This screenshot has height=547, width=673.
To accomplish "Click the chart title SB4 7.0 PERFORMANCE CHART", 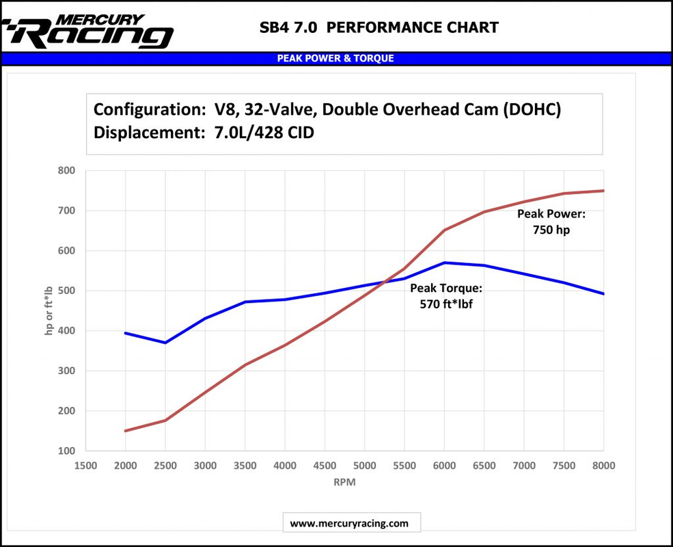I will coord(379,28).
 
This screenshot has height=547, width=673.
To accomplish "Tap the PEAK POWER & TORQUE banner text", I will coord(335,59).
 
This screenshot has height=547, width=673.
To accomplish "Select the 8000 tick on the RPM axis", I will coord(603,466).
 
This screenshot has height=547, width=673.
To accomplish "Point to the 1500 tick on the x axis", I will coord(85,466).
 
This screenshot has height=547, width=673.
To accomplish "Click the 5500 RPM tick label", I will coord(404,466).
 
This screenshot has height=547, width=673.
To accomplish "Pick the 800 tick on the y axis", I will coord(66,170).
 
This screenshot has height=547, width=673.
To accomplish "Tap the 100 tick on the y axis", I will coord(66,451).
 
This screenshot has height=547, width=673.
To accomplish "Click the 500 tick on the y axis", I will coord(66,291).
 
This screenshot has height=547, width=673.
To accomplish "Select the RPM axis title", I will coord(344,482).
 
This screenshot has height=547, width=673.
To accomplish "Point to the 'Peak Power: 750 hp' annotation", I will coord(551,222).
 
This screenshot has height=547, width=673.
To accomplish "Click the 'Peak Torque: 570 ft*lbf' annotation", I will coord(446,296).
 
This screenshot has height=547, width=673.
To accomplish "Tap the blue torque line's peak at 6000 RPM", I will coord(444,263).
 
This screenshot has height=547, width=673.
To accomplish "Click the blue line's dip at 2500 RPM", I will coord(165,343).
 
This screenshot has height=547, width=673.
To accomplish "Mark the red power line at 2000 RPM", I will coord(126,431).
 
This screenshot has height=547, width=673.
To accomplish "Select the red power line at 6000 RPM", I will coord(444,230).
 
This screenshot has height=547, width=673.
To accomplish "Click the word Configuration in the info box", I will coord(146,109).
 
